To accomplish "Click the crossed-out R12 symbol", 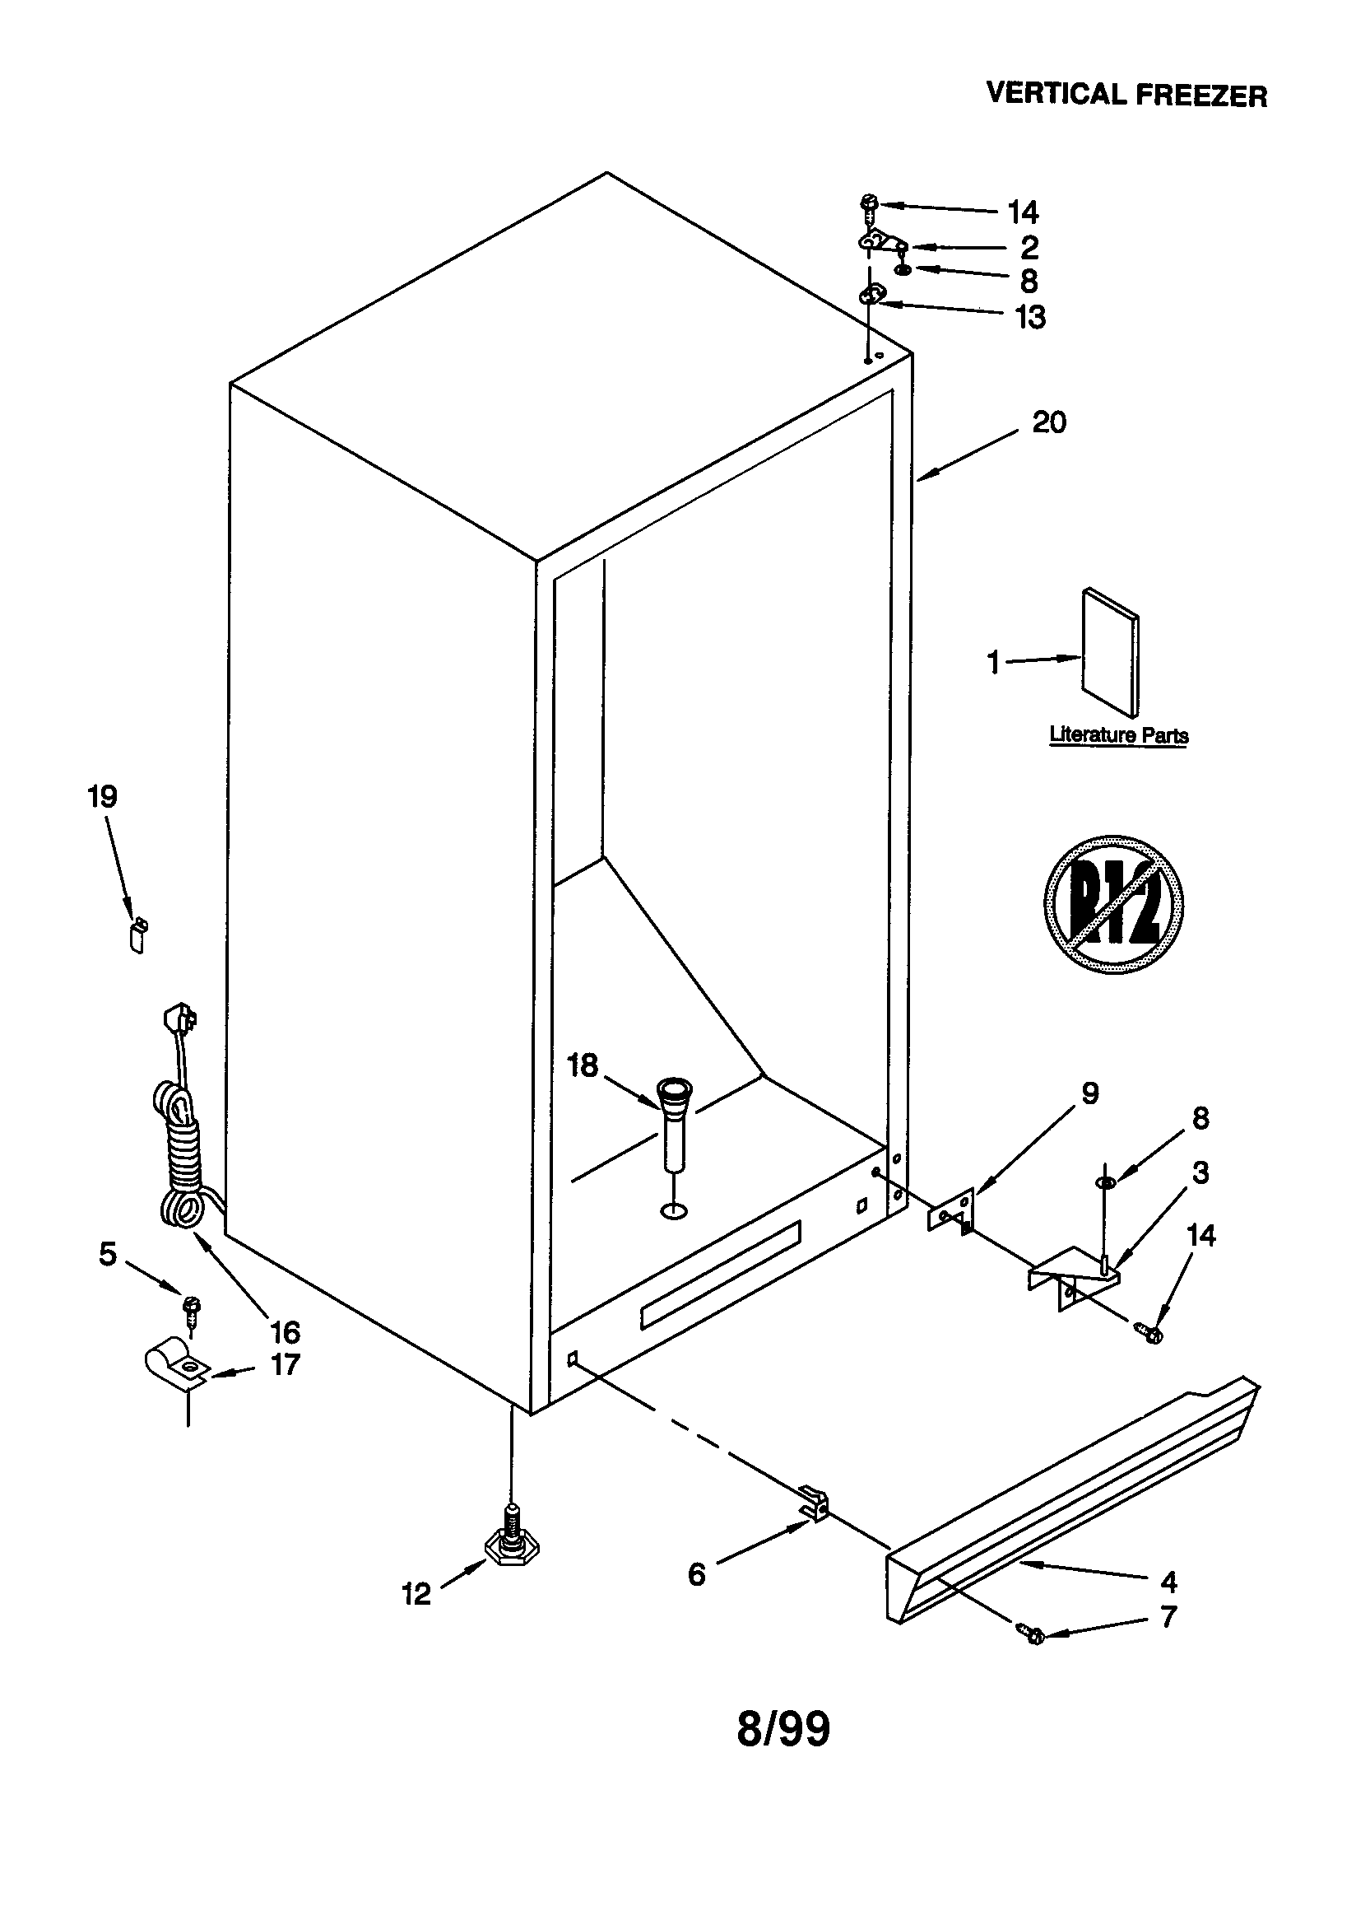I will (x=1113, y=905).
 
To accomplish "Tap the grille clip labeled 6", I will (x=814, y=1502).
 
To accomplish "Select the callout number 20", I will (x=1047, y=422).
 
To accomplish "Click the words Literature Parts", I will (x=1118, y=735).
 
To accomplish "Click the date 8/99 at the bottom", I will (x=782, y=1729).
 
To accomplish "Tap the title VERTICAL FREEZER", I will (x=1126, y=94).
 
